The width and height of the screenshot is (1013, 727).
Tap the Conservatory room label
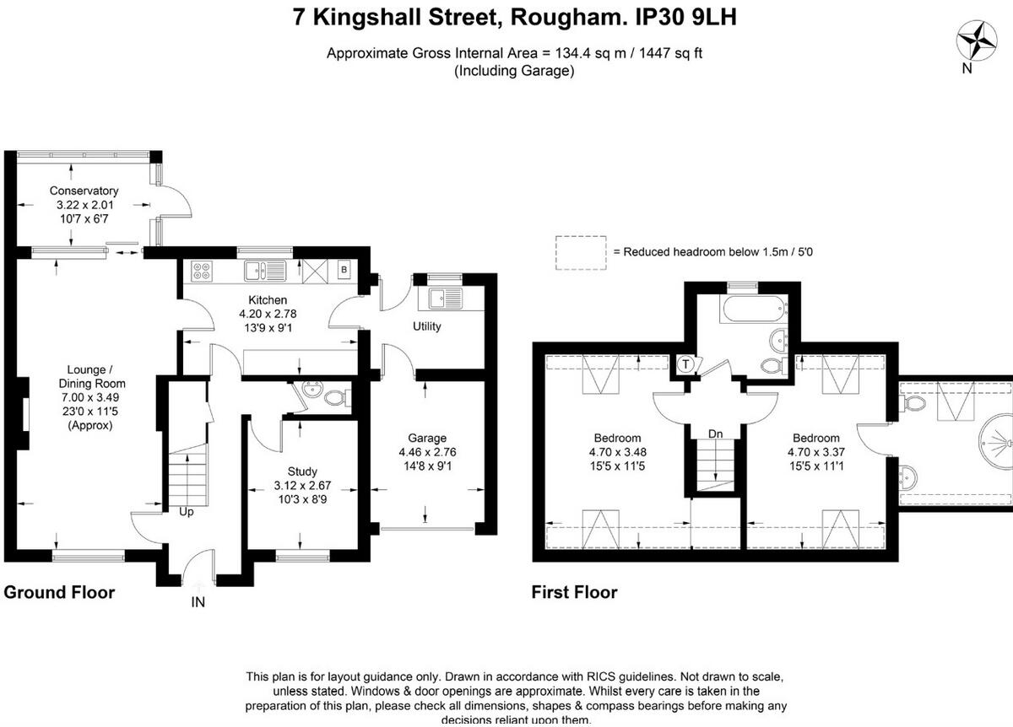click(x=84, y=191)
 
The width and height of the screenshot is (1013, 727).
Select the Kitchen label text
click(x=268, y=300)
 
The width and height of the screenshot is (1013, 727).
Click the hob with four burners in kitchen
click(x=203, y=271)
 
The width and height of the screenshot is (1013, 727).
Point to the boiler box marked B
click(x=344, y=271)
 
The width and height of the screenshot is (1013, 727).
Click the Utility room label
click(x=427, y=326)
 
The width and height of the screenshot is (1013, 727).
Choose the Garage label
click(x=426, y=439)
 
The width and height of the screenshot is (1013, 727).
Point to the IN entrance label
click(x=198, y=602)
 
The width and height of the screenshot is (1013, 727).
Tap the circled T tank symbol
click(x=686, y=365)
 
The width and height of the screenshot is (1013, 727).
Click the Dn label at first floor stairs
click(x=715, y=434)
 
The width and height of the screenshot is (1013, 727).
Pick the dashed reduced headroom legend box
click(x=581, y=252)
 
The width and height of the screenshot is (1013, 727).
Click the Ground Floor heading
click(x=59, y=592)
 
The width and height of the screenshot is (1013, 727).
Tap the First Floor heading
click(x=574, y=592)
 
